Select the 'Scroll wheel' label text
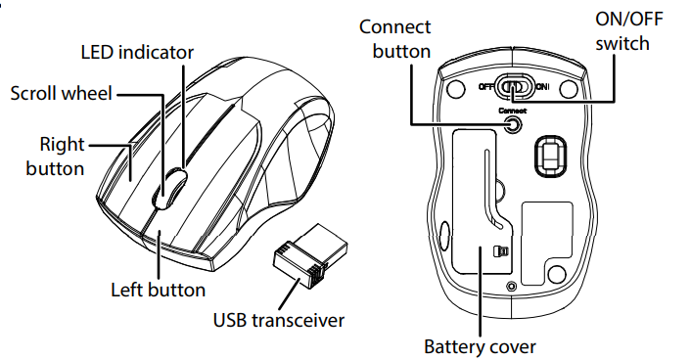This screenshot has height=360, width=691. (62, 94)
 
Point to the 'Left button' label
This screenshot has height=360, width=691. (158, 290)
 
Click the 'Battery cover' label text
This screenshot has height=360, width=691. (480, 346)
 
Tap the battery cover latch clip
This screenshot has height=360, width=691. (501, 251)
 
